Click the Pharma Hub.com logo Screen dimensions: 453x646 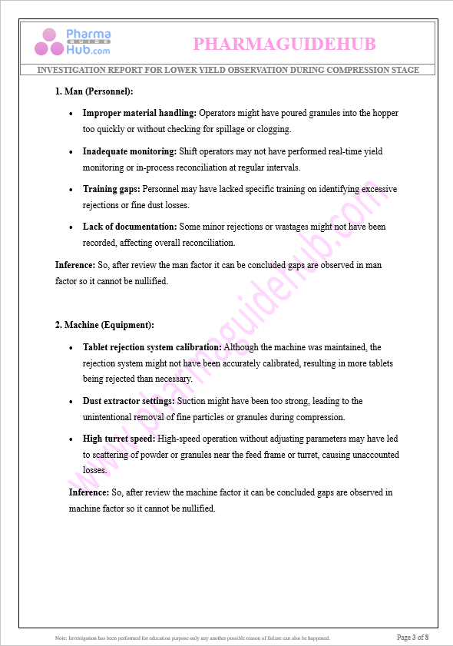pos(72,43)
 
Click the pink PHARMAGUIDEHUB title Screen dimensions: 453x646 pos(284,45)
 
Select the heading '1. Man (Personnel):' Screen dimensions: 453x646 pos(94,91)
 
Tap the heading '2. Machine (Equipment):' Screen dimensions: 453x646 pos(104,325)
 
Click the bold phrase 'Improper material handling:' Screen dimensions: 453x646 pos(140,114)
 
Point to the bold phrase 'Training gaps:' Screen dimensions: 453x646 pos(112,189)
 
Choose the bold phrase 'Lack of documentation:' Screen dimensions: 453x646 pos(130,227)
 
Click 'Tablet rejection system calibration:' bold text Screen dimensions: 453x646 pos(152,347)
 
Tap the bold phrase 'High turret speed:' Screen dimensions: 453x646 pos(119,439)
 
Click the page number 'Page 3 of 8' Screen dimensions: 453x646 pos(412,637)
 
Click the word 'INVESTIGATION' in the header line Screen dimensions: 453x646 pos(70,70)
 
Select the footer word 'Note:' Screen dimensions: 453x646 pos(61,638)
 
